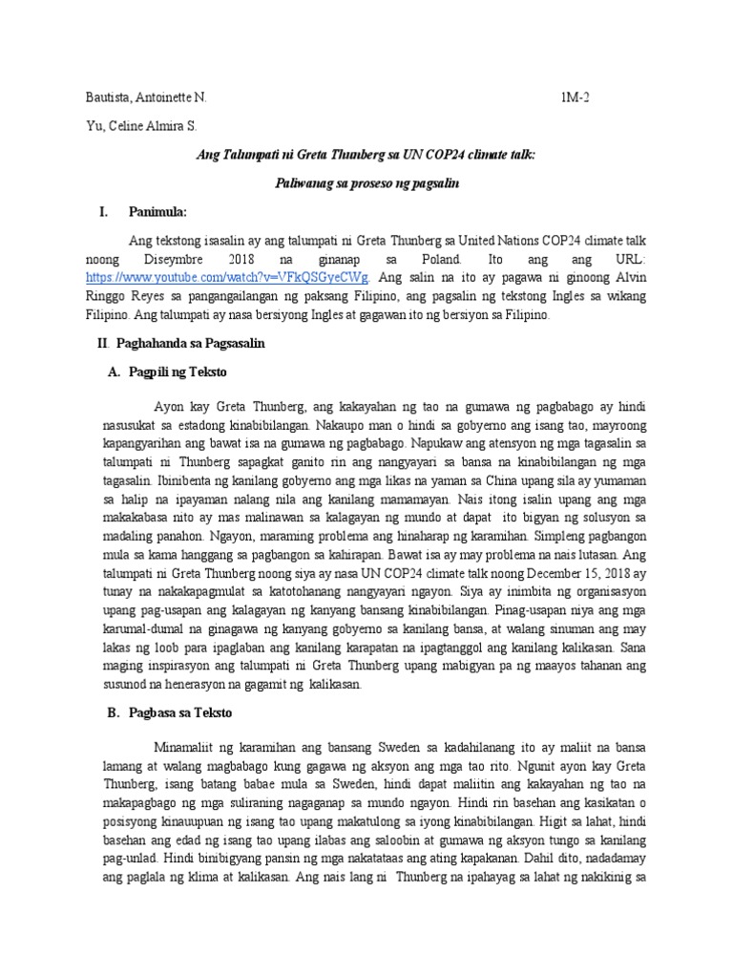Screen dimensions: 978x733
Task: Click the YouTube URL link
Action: coord(228,278)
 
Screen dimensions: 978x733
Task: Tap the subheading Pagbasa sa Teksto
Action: coord(178,713)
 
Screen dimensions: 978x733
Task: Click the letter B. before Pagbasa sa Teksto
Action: coord(103,713)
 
